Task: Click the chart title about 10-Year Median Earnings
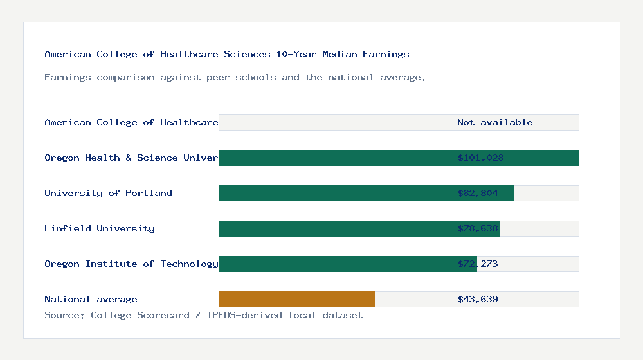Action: [x=227, y=54]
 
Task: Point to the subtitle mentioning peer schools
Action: [x=235, y=77]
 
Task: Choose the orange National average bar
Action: [x=296, y=299]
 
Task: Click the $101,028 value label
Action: [x=480, y=157]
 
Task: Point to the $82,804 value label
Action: [x=478, y=193]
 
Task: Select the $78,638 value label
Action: [x=478, y=228]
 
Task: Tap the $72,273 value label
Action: [x=478, y=264]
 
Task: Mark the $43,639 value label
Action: [x=478, y=299]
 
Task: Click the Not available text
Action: [x=494, y=122]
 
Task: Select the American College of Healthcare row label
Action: [x=131, y=122]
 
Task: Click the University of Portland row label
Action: [x=108, y=193]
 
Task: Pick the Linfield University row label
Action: [x=100, y=228]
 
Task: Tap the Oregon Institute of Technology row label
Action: [x=131, y=264]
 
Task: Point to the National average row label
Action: [x=91, y=299]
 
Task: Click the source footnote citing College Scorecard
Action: [x=203, y=315]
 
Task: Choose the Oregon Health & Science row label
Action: [x=131, y=157]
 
